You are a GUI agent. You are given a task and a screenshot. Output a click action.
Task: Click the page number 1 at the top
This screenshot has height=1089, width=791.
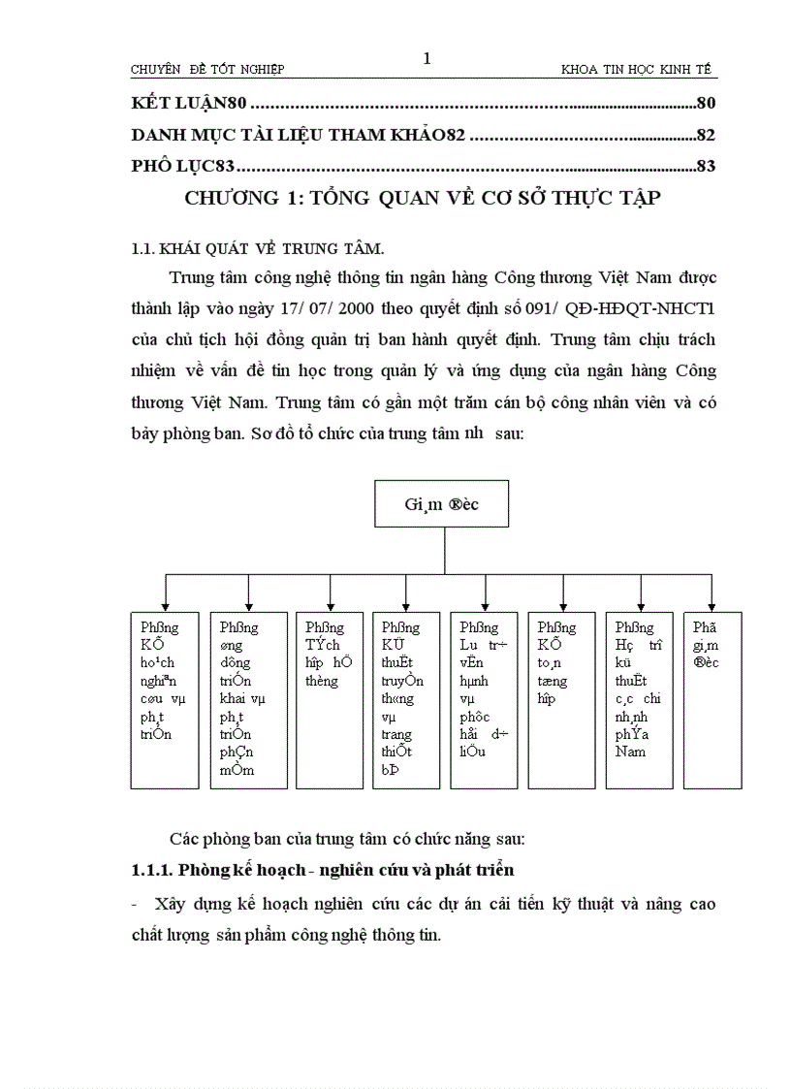click(427, 59)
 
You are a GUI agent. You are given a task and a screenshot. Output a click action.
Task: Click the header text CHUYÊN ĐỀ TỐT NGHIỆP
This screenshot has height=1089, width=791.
click(207, 70)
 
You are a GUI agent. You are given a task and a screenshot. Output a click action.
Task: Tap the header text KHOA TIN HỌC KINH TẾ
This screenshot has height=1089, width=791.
click(636, 70)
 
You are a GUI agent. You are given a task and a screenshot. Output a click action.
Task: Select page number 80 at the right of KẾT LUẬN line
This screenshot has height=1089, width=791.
click(706, 104)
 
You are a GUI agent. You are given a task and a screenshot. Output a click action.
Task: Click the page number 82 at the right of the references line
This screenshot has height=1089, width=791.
click(706, 136)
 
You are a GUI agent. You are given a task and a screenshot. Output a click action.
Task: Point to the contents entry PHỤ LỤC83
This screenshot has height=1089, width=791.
click(181, 167)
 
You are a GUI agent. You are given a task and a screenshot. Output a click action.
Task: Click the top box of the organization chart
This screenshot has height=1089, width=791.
click(441, 503)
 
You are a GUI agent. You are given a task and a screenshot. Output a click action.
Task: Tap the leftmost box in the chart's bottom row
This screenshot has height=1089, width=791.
click(165, 699)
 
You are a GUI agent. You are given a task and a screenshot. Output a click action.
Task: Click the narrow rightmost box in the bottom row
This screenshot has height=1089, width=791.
click(712, 699)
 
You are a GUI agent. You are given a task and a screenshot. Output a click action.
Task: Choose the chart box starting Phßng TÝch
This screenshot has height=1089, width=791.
click(331, 699)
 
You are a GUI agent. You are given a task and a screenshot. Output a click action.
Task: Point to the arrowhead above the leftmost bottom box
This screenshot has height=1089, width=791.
click(166, 605)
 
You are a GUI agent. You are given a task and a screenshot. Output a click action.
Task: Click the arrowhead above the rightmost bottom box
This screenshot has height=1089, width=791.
click(712, 605)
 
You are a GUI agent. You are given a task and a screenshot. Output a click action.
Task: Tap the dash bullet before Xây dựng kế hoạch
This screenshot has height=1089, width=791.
click(135, 905)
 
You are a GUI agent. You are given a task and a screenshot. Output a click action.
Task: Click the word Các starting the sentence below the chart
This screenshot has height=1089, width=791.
click(183, 838)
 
